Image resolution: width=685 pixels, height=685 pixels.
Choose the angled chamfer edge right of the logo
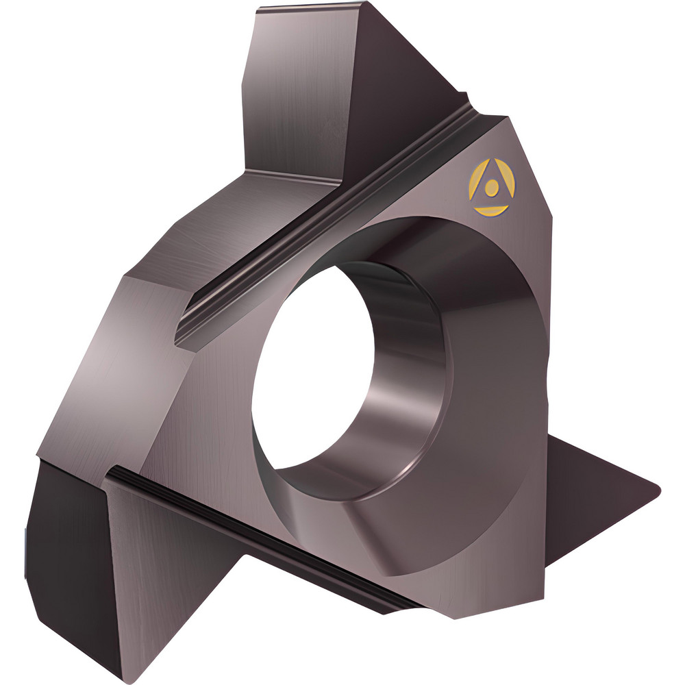pos(541,171)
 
